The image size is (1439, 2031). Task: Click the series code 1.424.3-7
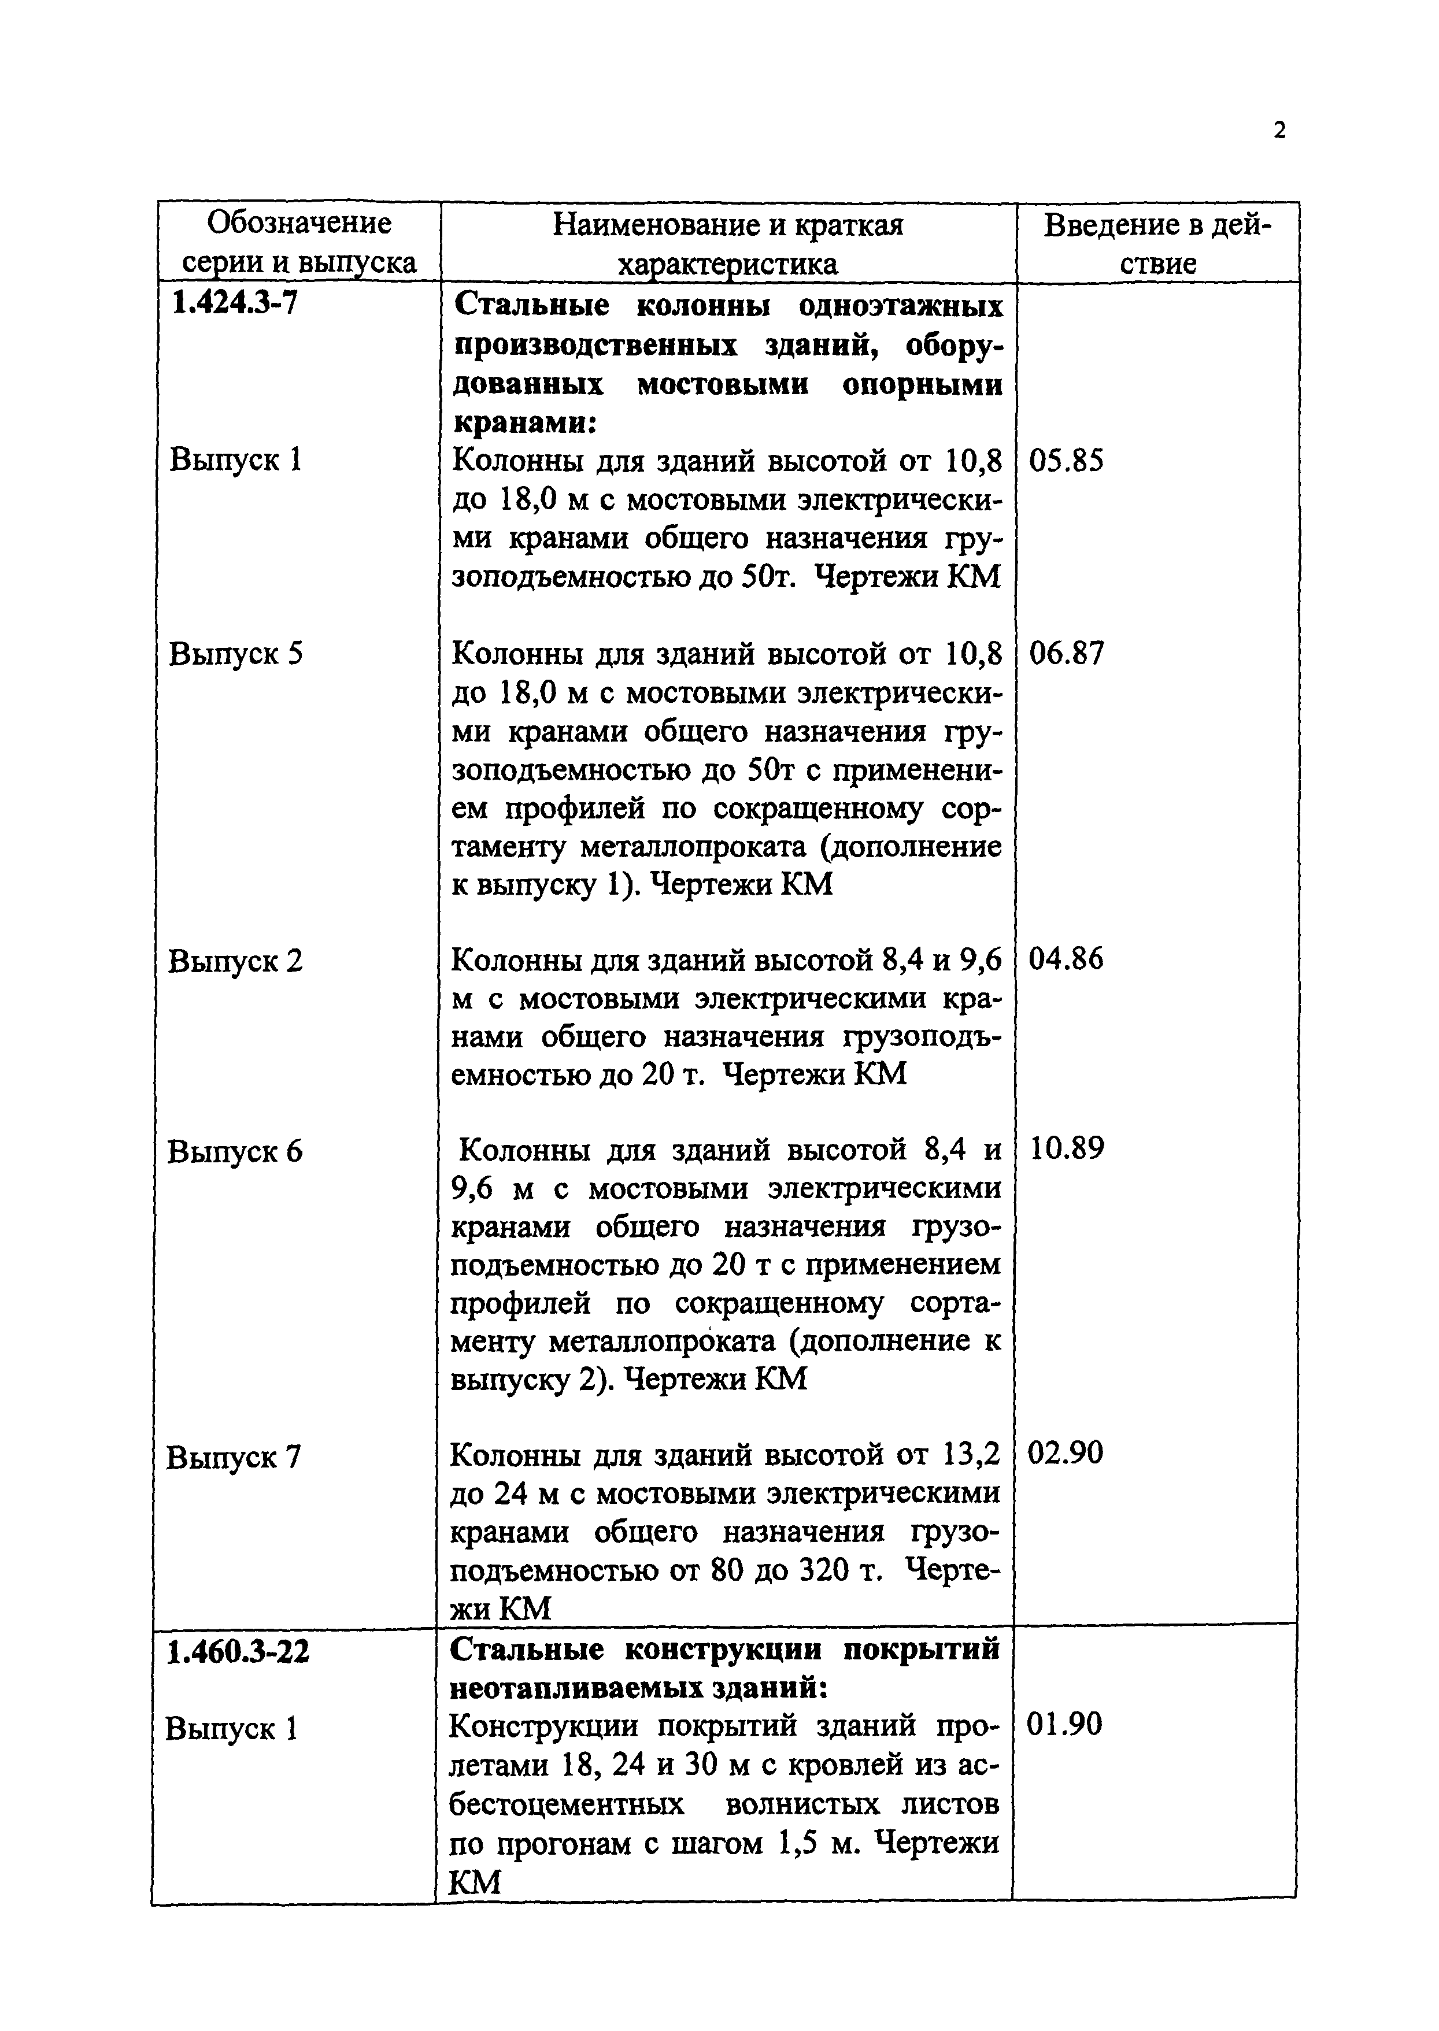click(x=235, y=304)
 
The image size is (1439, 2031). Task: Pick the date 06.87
click(x=1067, y=654)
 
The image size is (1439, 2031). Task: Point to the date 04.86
click(x=1066, y=959)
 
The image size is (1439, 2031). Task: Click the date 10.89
click(x=1067, y=1150)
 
